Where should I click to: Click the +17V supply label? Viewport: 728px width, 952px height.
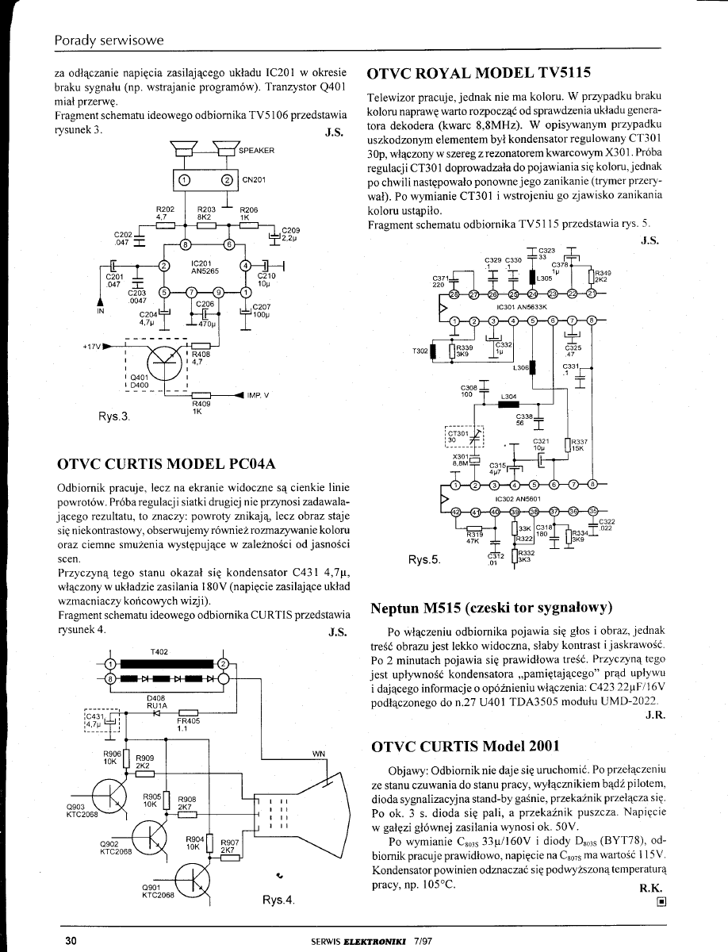[x=93, y=346]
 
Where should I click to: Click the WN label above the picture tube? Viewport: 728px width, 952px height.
[x=319, y=752]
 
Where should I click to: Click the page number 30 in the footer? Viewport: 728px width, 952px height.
[x=70, y=941]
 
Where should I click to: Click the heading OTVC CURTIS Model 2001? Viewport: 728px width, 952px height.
[x=466, y=746]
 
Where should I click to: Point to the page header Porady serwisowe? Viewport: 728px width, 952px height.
[x=109, y=39]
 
